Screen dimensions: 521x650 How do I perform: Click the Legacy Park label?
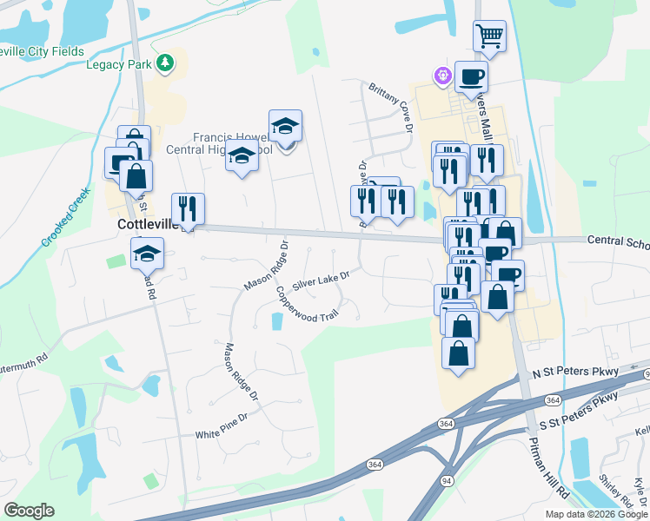tap(119, 64)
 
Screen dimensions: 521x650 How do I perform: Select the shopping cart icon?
tap(489, 36)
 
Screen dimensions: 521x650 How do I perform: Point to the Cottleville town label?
tap(147, 224)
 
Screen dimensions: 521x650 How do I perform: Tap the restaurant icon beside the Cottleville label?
tap(189, 208)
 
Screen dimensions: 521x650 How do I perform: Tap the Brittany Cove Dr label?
tap(389, 108)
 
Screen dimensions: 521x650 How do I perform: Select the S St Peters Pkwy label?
tap(579, 412)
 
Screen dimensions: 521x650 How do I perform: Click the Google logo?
tap(29, 511)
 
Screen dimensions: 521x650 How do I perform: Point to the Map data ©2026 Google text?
tap(595, 514)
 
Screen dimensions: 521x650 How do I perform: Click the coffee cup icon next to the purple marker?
tap(471, 76)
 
